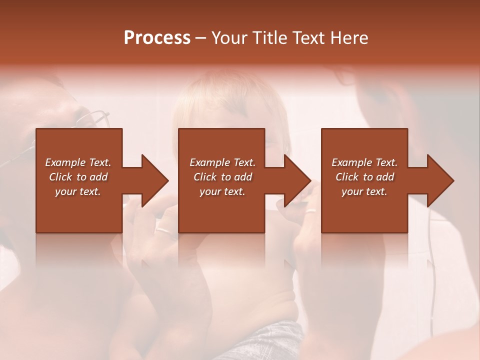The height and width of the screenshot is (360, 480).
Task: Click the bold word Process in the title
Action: pos(157,37)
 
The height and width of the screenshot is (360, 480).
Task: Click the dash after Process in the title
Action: pos(201,38)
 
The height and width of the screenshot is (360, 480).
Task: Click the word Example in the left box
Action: pos(65,162)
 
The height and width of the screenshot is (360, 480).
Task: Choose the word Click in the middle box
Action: pos(204,177)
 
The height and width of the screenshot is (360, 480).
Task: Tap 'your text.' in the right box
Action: pos(364,191)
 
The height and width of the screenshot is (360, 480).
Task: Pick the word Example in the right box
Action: pos(352,162)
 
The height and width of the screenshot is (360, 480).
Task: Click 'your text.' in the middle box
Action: pos(222,191)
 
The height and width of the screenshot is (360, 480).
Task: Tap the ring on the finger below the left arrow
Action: pos(163,231)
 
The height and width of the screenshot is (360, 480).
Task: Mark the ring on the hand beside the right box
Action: pos(310,210)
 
